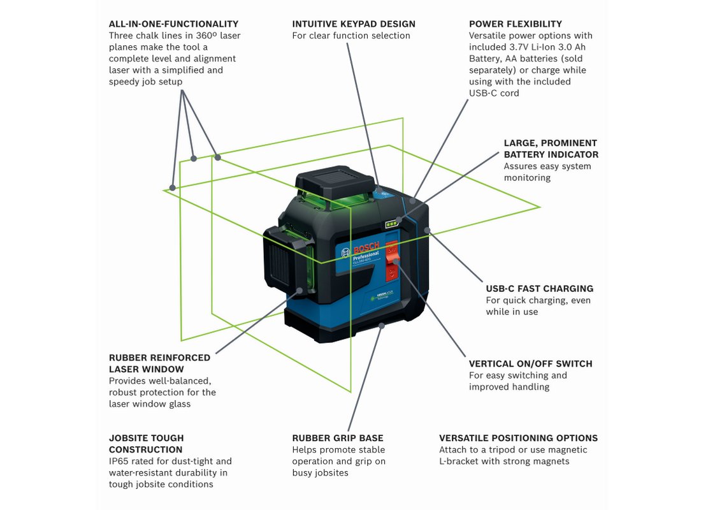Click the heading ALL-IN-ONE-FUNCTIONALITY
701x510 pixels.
pyautogui.click(x=173, y=24)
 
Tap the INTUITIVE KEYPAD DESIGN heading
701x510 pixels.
pyautogui.click(x=354, y=24)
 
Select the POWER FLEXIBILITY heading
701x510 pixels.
pyautogui.click(x=516, y=24)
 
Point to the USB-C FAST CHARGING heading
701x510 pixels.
pyautogui.click(x=540, y=289)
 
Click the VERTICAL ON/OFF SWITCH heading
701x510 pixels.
pyautogui.click(x=531, y=364)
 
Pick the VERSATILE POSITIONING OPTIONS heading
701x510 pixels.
pyautogui.click(x=518, y=438)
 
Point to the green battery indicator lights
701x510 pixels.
pyautogui.click(x=389, y=224)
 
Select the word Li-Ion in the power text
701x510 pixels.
pyautogui.click(x=549, y=47)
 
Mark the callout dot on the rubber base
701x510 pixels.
pyautogui.click(x=382, y=325)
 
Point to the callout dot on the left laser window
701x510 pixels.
pyautogui.click(x=299, y=291)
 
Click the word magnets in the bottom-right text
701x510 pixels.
pyautogui.click(x=552, y=461)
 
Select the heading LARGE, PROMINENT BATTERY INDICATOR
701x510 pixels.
pyautogui.click(x=551, y=149)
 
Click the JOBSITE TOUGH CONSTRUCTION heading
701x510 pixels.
pyautogui.click(x=147, y=444)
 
